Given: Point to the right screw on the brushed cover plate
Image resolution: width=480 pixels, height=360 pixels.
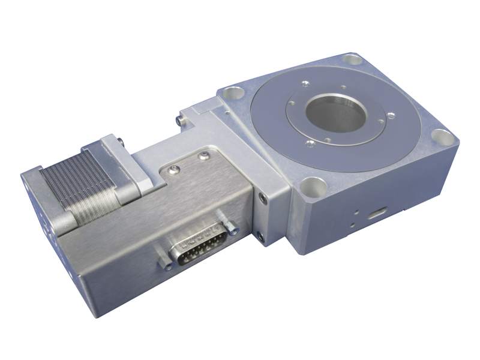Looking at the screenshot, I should point(205,157).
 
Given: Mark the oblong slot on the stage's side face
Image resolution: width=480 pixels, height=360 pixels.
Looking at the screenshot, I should point(378,214).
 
